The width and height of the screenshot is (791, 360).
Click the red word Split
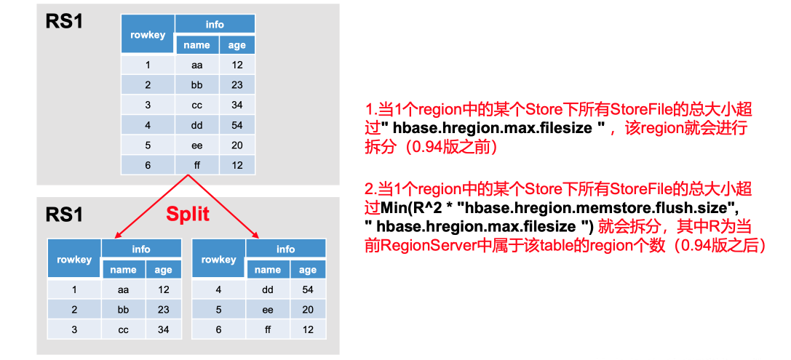[x=188, y=213]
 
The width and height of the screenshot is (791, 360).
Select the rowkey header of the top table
[x=148, y=34]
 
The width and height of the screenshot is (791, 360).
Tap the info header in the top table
[x=215, y=24]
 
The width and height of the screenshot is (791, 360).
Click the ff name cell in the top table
[x=196, y=165]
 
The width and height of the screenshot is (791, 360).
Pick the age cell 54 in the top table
[x=237, y=124]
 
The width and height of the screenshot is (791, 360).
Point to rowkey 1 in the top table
[x=148, y=65]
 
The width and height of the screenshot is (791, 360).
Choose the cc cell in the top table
[x=196, y=105]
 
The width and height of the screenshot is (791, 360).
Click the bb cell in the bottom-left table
[x=123, y=309]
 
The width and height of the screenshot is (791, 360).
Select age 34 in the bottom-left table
[x=163, y=329]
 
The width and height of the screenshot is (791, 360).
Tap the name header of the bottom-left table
[x=123, y=270]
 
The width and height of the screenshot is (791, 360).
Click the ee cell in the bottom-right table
[x=268, y=309]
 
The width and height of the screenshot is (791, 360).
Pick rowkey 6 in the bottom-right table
[x=218, y=329]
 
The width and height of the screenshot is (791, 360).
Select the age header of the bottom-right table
[x=308, y=270]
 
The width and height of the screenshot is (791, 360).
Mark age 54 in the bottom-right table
[x=308, y=289]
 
